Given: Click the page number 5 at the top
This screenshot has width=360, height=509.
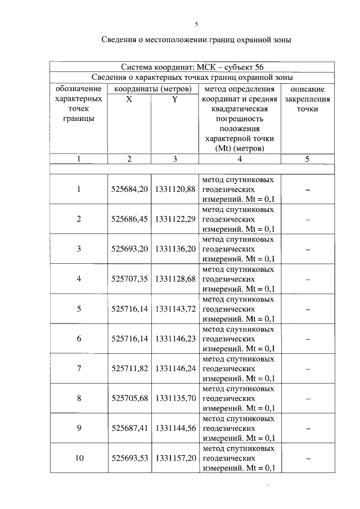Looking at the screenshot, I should pos(196,24).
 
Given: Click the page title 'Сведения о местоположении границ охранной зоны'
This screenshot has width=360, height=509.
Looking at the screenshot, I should pos(196,40).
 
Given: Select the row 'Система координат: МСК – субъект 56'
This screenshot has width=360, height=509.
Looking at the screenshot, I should pos(192,67).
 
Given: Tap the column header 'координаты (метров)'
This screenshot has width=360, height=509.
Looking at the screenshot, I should pos(152,89).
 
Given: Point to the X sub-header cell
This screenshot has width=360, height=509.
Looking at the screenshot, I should pos(129,99).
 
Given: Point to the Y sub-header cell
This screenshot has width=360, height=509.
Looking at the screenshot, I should pos(175,99).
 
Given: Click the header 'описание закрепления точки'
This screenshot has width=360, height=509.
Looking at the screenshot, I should pos(307,99).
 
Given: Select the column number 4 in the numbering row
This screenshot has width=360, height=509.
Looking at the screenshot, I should pos(240,159).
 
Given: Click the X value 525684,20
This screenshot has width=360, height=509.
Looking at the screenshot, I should pos(129,189).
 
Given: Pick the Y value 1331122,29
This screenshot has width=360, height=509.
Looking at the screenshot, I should pos(175,219).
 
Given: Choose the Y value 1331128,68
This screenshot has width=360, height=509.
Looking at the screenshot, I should pos(175,278).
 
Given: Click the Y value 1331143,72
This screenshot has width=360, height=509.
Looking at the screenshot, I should pos(175,309).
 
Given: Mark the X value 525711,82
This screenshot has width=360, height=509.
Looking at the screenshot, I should pos(129,368).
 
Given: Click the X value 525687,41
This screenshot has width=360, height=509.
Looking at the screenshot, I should pos(129,428).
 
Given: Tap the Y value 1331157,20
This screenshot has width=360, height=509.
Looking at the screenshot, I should pos(175,458).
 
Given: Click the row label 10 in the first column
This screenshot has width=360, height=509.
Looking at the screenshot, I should pos(79,458).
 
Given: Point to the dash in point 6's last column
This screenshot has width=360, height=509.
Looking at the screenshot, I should pos(308,339).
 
